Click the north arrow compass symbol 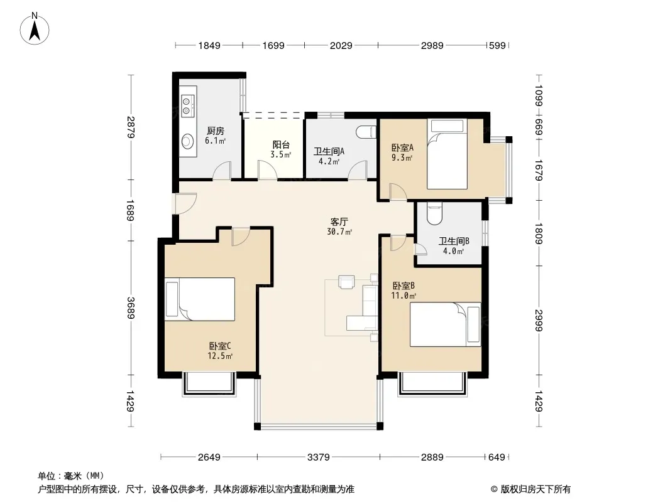coord(35,29)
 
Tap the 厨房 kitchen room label coord(216,131)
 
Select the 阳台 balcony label coord(281,145)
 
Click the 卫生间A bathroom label coord(329,151)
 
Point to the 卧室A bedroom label coord(402,148)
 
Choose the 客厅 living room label coord(339,222)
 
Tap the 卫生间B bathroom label coord(454,242)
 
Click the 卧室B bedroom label coord(404,286)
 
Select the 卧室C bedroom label coord(220,346)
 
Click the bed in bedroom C coord(200,299)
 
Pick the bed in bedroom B coord(445,324)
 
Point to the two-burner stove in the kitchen coord(187,106)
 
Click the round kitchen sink coord(187,141)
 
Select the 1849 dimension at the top coord(209,45)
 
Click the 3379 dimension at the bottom coord(318,457)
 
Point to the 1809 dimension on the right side coord(539,233)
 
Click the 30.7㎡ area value coord(339,232)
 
